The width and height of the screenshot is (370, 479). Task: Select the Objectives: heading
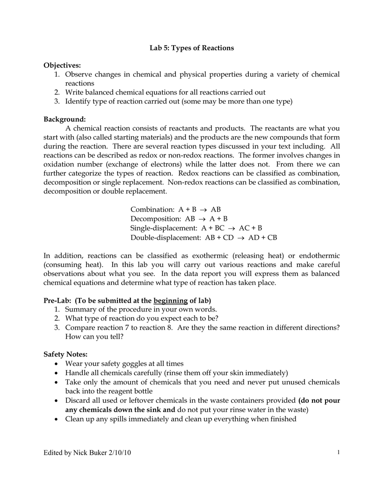(x=62, y=65)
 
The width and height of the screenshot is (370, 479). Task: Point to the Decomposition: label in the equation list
(x=155, y=219)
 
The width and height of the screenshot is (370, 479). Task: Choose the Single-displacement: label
(x=164, y=228)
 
